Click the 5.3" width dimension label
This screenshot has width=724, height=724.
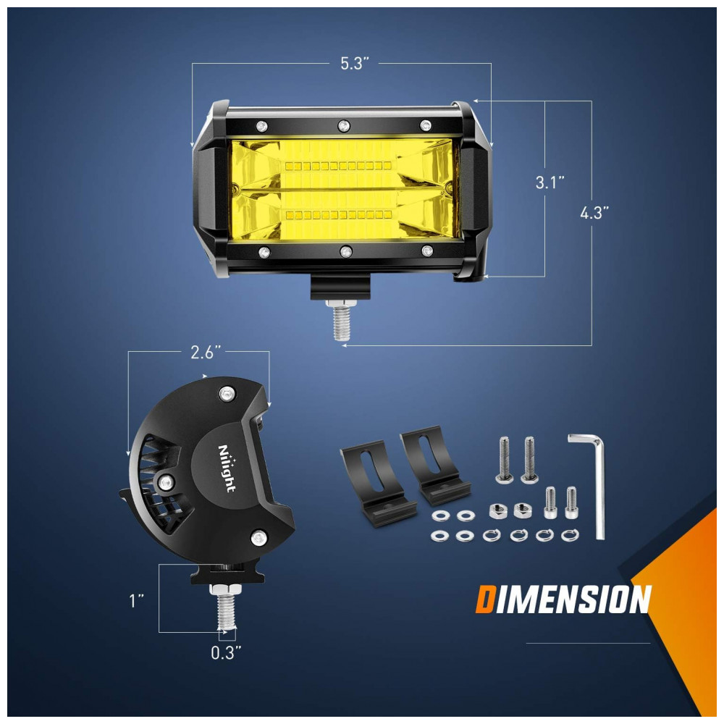(x=355, y=63)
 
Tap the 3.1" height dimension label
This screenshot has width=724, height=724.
(x=550, y=182)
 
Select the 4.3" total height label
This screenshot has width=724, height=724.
(x=594, y=213)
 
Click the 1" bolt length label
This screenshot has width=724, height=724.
(x=137, y=601)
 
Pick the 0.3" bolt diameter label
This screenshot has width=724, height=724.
(x=226, y=653)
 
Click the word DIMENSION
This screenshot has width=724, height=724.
(x=563, y=599)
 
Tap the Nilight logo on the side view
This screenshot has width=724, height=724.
(x=227, y=468)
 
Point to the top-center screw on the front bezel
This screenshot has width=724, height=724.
(x=343, y=125)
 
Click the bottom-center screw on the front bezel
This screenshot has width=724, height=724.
(x=346, y=252)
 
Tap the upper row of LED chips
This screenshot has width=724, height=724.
(x=338, y=165)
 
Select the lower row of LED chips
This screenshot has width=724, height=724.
(x=338, y=215)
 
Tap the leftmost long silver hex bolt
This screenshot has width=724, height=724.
(x=504, y=460)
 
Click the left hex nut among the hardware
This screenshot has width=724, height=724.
(x=497, y=510)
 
